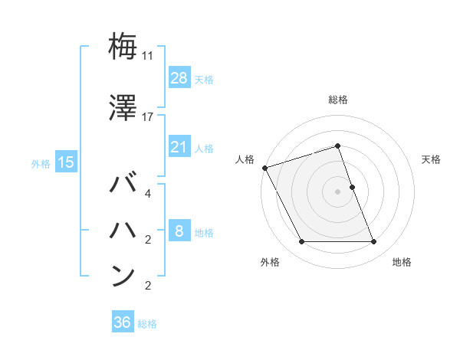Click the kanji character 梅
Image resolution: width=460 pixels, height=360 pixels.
click(x=123, y=47)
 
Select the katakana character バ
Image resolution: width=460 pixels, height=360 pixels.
click(x=123, y=185)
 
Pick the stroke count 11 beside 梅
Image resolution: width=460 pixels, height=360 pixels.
click(x=149, y=56)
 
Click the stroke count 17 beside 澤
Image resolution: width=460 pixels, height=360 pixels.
click(x=149, y=117)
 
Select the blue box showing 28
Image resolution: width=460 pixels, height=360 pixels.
click(x=179, y=77)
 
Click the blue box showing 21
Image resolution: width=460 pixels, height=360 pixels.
click(x=179, y=146)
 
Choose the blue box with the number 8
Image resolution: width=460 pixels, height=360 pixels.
click(x=179, y=231)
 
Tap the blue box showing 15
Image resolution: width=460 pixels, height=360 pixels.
click(x=65, y=162)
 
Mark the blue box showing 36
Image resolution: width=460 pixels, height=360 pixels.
click(x=122, y=322)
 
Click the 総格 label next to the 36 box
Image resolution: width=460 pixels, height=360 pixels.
click(x=147, y=324)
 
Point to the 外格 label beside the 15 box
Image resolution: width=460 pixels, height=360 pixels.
click(x=41, y=163)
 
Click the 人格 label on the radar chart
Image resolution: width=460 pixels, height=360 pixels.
click(x=245, y=159)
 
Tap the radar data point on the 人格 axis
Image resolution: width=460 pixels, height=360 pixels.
click(x=265, y=168)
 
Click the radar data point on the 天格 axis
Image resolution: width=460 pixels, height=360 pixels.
click(x=352, y=187)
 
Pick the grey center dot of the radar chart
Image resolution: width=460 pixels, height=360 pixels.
click(x=337, y=191)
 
